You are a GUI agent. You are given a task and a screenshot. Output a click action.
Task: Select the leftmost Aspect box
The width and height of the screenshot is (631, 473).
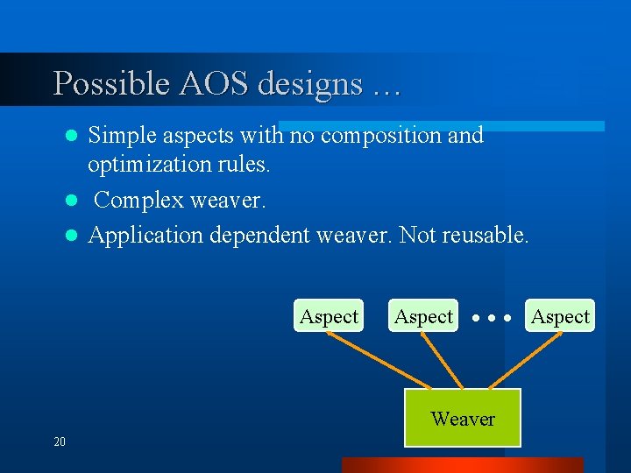329,316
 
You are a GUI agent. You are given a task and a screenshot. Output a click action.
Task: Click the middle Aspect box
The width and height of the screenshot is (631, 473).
423,316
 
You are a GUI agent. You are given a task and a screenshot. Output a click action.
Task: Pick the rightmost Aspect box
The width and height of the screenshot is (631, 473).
561,316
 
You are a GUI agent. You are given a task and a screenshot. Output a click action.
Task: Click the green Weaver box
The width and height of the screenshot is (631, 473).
463,419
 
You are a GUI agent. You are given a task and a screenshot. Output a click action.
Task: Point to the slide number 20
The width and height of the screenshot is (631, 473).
60,441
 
